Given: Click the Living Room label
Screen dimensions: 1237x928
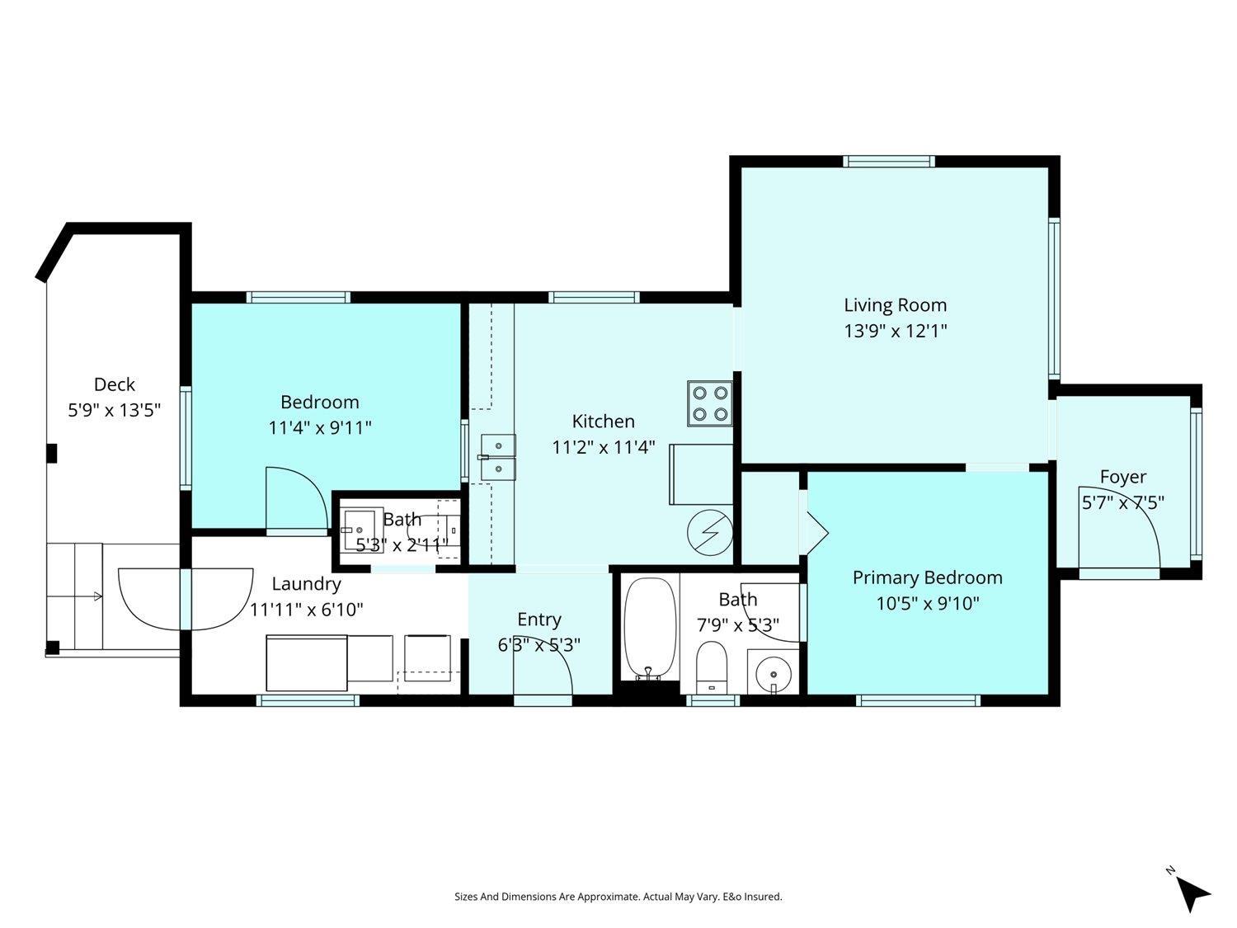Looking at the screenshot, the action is (895, 305).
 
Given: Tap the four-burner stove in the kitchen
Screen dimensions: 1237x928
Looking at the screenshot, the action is (710, 403).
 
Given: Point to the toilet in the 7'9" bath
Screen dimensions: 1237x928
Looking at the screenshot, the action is (712, 667).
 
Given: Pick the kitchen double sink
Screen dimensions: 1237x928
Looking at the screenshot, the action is (498, 457).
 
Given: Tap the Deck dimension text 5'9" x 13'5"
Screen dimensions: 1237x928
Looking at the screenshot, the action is (115, 410).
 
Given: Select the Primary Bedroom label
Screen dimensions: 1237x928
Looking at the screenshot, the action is (928, 578).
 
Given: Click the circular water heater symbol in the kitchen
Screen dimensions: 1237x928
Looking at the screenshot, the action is (710, 532).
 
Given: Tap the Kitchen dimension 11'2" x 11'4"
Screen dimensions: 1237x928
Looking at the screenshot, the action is (603, 447).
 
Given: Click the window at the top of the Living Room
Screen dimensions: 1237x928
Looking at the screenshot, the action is (889, 162).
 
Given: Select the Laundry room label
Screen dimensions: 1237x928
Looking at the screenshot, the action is (306, 584).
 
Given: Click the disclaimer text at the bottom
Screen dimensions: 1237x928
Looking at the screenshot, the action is (618, 897).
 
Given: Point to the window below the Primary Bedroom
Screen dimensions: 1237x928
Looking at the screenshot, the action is (918, 700).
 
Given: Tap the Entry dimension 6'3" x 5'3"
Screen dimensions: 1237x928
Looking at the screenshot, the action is (539, 644).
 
